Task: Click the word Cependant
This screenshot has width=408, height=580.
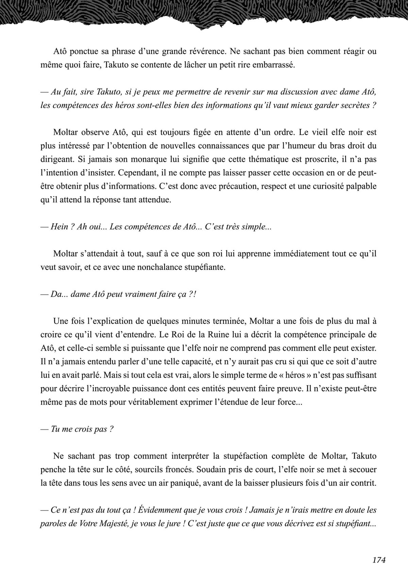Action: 137,172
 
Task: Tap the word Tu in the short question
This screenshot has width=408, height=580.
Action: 55,429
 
